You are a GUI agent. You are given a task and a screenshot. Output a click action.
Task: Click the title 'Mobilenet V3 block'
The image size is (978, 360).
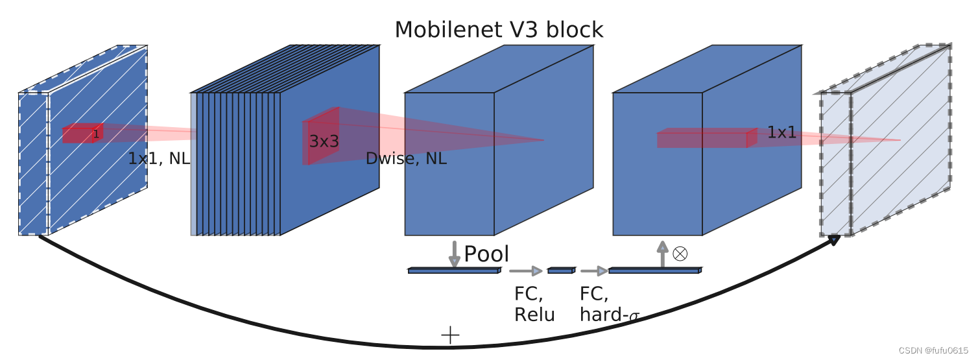coord(499,30)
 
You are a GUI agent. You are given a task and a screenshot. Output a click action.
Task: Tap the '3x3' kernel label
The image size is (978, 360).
coord(324,141)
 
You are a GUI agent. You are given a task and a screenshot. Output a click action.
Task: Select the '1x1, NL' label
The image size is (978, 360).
coord(159,159)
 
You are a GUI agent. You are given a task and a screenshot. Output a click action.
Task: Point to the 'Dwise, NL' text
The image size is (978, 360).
coord(406,159)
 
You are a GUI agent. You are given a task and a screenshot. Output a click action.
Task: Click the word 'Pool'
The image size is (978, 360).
coord(486,254)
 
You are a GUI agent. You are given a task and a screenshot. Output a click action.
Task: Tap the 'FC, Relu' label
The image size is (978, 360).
coord(534,304)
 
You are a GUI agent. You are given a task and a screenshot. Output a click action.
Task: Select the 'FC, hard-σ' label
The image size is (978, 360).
coord(609,304)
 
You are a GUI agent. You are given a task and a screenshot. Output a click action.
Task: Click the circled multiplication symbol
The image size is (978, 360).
coord(680,254)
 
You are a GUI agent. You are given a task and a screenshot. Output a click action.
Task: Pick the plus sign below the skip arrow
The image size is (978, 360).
coord(450,335)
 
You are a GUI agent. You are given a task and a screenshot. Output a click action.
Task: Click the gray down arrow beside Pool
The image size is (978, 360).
coord(454,254)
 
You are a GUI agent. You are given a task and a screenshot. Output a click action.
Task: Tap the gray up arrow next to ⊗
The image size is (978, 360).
coord(662,254)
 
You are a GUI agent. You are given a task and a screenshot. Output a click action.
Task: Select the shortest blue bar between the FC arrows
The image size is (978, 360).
coord(560,270)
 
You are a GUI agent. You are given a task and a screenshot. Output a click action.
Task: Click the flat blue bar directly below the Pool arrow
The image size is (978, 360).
coord(454,270)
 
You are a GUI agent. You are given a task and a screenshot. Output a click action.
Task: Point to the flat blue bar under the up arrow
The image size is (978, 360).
coord(654,270)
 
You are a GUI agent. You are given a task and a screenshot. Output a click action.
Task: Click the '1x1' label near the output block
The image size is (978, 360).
coord(781,133)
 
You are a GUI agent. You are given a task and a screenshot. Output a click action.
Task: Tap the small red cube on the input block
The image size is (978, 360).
coord(82,134)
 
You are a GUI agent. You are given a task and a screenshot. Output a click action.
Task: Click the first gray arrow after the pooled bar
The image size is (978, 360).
coord(526,270)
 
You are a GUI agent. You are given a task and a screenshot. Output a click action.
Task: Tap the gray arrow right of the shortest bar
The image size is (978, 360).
coord(593,270)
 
